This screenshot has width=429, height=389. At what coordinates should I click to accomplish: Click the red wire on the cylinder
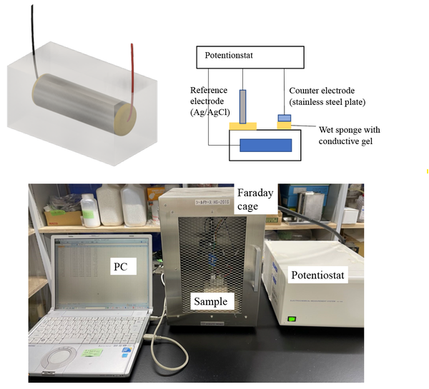pyautogui.click(x=131, y=71)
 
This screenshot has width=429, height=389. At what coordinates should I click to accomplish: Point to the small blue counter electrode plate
pyautogui.click(x=284, y=117)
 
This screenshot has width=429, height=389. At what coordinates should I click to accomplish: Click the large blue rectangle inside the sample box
pyautogui.click(x=265, y=145)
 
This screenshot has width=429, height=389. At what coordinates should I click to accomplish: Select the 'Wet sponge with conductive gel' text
pyautogui.click(x=349, y=134)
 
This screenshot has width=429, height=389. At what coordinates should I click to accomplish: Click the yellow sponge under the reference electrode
pyautogui.click(x=243, y=126)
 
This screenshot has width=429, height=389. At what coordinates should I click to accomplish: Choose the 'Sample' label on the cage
pyautogui.click(x=211, y=301)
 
